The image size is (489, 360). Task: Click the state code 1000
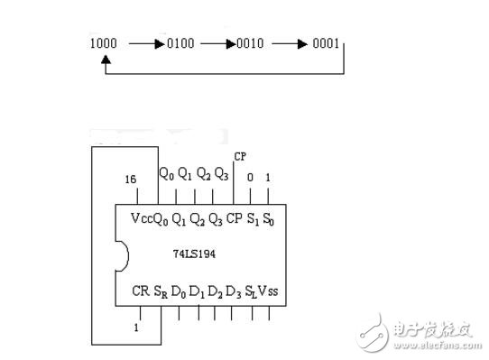[103, 43]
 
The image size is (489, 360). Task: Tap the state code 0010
[250, 43]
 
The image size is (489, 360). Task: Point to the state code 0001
[324, 43]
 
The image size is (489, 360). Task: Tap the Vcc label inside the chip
[142, 219]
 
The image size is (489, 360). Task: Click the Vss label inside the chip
[267, 291]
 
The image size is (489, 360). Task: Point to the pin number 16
[132, 180]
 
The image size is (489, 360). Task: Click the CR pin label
[140, 291]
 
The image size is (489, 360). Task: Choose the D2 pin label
[214, 291]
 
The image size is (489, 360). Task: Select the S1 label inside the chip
[252, 219]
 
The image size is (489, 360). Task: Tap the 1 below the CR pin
[136, 328]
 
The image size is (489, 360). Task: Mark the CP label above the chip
[239, 156]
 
